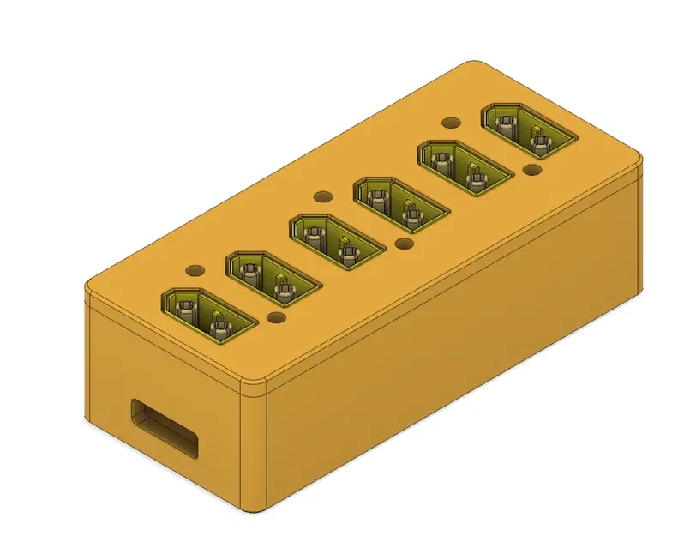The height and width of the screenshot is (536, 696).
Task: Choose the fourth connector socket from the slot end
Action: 398,204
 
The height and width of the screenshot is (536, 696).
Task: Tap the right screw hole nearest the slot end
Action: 276,318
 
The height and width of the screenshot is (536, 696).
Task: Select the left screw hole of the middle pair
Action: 322,196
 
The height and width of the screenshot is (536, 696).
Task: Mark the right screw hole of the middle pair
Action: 405,245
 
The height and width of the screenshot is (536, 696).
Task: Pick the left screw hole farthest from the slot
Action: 451,123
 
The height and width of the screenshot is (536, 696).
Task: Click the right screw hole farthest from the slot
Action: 531,172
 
